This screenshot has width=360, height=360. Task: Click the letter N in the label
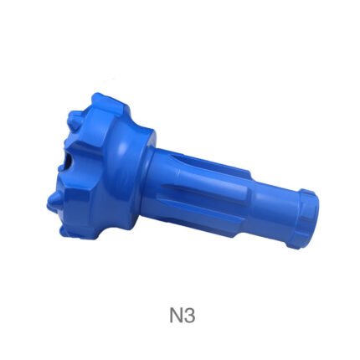(x=176, y=316)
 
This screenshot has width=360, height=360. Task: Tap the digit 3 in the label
(x=189, y=316)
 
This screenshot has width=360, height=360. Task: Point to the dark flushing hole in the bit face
(x=69, y=162)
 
